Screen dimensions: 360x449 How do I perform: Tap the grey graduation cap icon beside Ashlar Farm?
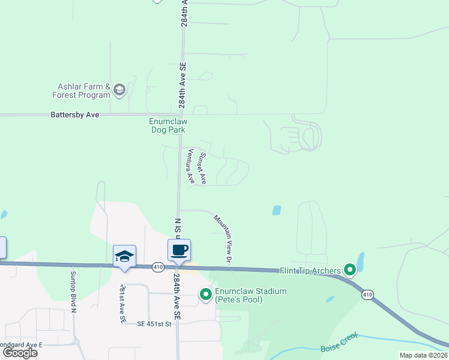pos(119,91)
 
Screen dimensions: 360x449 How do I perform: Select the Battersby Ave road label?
pos(75,114)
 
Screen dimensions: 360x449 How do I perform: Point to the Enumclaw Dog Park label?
pos(167,125)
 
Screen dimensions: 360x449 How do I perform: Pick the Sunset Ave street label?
pos(203,168)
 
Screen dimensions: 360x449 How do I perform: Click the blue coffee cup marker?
pos(179,250)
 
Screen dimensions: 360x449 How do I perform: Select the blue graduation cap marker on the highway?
pos(125,256)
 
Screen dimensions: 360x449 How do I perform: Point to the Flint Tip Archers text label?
pos(310,271)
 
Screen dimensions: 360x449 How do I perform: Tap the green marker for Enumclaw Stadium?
pos(205,294)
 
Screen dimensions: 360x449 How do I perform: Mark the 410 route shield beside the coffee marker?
pos(158,267)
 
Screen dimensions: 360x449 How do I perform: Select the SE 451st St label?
pos(154,324)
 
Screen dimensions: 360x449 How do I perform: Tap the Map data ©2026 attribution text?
pos(423,355)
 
